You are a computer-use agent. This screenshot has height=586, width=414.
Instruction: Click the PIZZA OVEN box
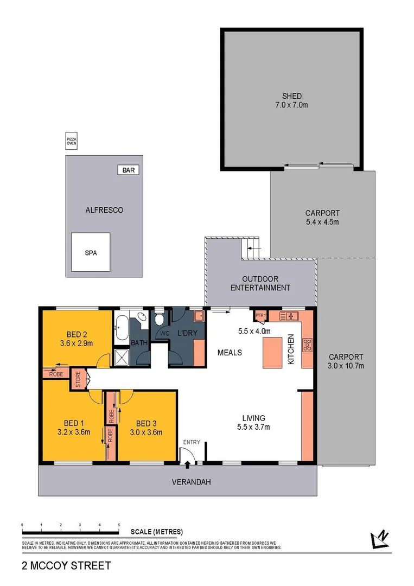pos(72,142)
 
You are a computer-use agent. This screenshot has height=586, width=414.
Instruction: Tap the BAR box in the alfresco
pos(128,170)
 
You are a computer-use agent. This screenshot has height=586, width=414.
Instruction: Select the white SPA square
pos(91,252)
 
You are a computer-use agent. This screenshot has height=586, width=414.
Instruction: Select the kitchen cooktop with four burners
pos(308,343)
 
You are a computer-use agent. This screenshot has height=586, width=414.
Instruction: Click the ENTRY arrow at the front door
pos(188,463)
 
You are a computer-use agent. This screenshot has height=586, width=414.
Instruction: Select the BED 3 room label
pos(147,423)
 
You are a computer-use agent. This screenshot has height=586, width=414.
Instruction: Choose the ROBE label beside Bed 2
pos(55,374)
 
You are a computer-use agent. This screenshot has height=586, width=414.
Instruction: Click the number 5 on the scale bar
pos(119,525)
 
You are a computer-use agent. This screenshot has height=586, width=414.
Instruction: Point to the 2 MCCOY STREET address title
pos(66,565)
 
